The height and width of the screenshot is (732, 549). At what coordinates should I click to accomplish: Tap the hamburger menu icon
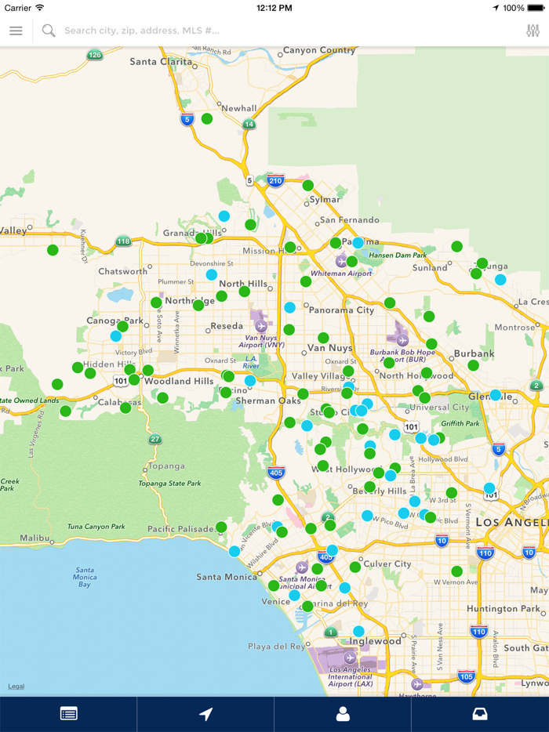(16, 31)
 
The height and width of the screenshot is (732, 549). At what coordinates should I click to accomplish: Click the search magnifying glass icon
(49, 31)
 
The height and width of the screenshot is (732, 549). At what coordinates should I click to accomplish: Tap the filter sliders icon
(533, 31)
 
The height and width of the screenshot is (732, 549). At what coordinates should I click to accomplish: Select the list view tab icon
(68, 713)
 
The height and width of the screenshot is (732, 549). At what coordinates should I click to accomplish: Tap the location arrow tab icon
(205, 713)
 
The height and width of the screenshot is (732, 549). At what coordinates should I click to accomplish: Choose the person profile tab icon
(343, 713)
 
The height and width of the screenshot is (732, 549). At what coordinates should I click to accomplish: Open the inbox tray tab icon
(479, 713)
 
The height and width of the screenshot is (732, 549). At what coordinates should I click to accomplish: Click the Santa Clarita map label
(162, 61)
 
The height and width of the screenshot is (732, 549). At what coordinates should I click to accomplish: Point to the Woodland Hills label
(178, 381)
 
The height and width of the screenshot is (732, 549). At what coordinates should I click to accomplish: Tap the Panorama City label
(342, 310)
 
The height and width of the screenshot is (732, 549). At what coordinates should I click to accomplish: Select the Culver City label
(387, 563)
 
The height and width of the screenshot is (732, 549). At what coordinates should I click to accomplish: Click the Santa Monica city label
(227, 577)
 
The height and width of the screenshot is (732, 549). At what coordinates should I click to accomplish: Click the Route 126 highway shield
(96, 55)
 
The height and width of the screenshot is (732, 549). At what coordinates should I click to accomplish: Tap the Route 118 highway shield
(123, 241)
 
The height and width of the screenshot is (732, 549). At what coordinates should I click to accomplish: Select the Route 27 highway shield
(155, 439)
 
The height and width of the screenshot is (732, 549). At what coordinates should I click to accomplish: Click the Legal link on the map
(16, 687)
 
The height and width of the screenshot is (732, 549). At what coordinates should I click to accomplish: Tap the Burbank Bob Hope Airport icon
(402, 339)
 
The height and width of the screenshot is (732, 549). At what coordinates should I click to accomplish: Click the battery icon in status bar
(536, 8)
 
